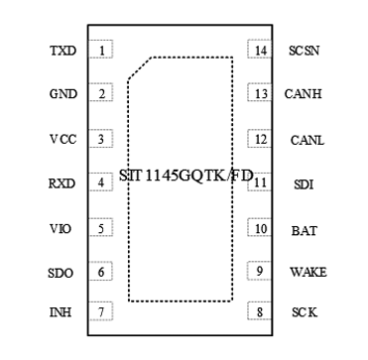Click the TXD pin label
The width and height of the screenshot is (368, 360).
coord(61,50)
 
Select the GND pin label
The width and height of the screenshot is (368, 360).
coord(61,94)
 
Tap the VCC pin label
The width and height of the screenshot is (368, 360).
coord(61,139)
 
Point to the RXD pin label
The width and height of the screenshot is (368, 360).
coord(61,182)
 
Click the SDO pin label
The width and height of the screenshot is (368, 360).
coord(61,272)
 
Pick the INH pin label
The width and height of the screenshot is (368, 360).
coord(61,313)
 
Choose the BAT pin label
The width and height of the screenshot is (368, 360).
coord(304,230)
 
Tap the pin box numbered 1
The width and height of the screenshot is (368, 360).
coord(100,50)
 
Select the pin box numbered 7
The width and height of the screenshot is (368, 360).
coord(100,313)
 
